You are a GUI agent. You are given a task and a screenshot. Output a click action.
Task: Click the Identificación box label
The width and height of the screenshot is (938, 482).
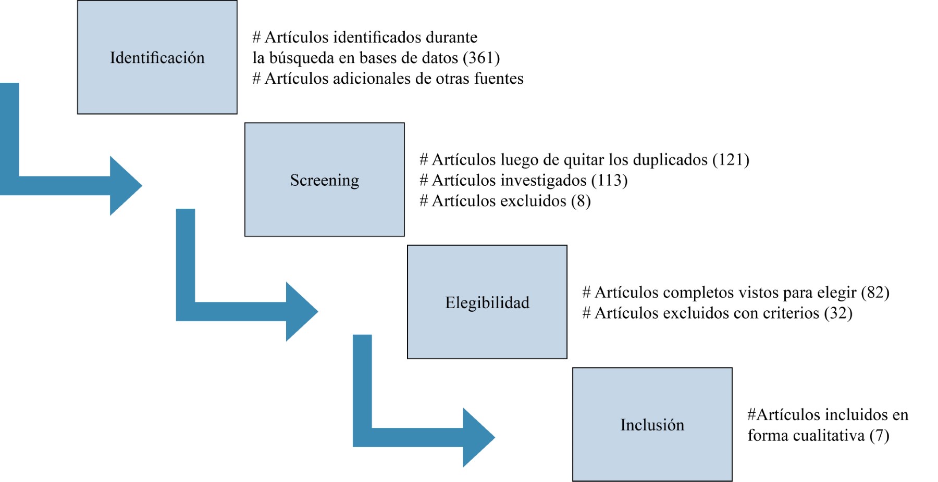157,58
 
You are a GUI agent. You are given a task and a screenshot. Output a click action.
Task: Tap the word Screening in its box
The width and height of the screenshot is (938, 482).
324,180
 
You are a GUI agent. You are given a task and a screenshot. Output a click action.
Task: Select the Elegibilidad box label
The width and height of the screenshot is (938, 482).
487,302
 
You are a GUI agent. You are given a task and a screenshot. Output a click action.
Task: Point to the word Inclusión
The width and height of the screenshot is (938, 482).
652,425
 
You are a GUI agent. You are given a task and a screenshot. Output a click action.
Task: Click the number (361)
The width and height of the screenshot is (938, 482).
481,58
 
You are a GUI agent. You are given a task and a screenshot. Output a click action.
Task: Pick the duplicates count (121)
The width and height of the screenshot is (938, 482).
731,159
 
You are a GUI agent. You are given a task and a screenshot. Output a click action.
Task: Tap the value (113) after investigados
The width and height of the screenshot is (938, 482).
609,180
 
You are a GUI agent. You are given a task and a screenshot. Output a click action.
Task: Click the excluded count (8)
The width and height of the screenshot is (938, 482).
581,201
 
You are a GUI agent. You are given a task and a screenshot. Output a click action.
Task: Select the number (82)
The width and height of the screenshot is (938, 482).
875,292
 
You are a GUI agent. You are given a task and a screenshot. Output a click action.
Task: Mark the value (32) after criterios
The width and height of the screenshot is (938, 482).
838,313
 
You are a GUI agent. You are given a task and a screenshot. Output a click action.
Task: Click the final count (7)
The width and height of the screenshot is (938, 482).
879,435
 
